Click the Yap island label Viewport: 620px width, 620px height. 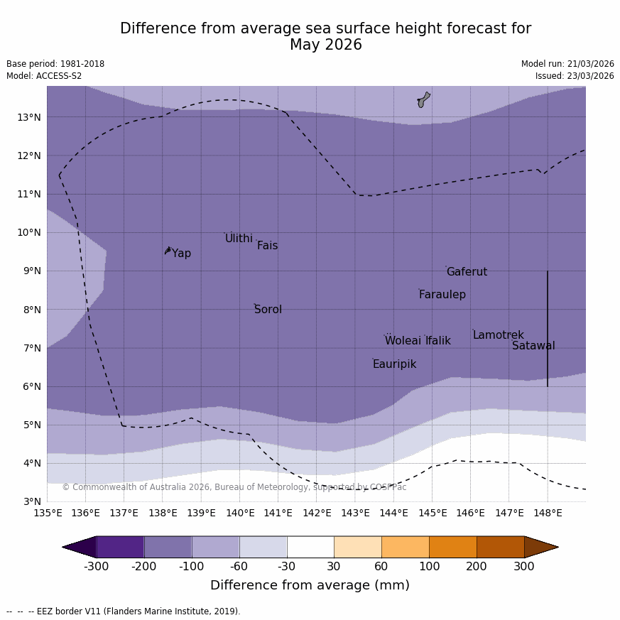tap(181, 254)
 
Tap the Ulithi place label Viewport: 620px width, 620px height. tap(239, 239)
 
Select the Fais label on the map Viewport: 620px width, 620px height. tap(267, 246)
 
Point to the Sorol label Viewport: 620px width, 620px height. tap(268, 310)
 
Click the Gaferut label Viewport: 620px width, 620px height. tap(467, 272)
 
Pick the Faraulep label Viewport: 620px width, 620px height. tap(442, 295)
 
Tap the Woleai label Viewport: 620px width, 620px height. tap(403, 341)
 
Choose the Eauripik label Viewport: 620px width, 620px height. tap(394, 364)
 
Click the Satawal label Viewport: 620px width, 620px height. tap(533, 346)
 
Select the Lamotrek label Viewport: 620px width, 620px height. tap(498, 335)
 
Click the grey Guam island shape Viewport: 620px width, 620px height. tap(423, 99)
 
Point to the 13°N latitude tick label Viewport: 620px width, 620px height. tap(28, 117)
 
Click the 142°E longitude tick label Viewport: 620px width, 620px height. tap(317, 513)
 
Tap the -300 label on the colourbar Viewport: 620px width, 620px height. tap(96, 567)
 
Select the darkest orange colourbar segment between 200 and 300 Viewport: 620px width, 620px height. tap(500, 547)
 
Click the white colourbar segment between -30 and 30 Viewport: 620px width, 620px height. tap(310, 547)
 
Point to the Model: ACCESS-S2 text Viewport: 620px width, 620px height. tap(44, 76)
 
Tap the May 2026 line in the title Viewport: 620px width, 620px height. tap(325, 45)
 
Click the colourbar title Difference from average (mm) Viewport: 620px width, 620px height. tap(310, 586)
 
